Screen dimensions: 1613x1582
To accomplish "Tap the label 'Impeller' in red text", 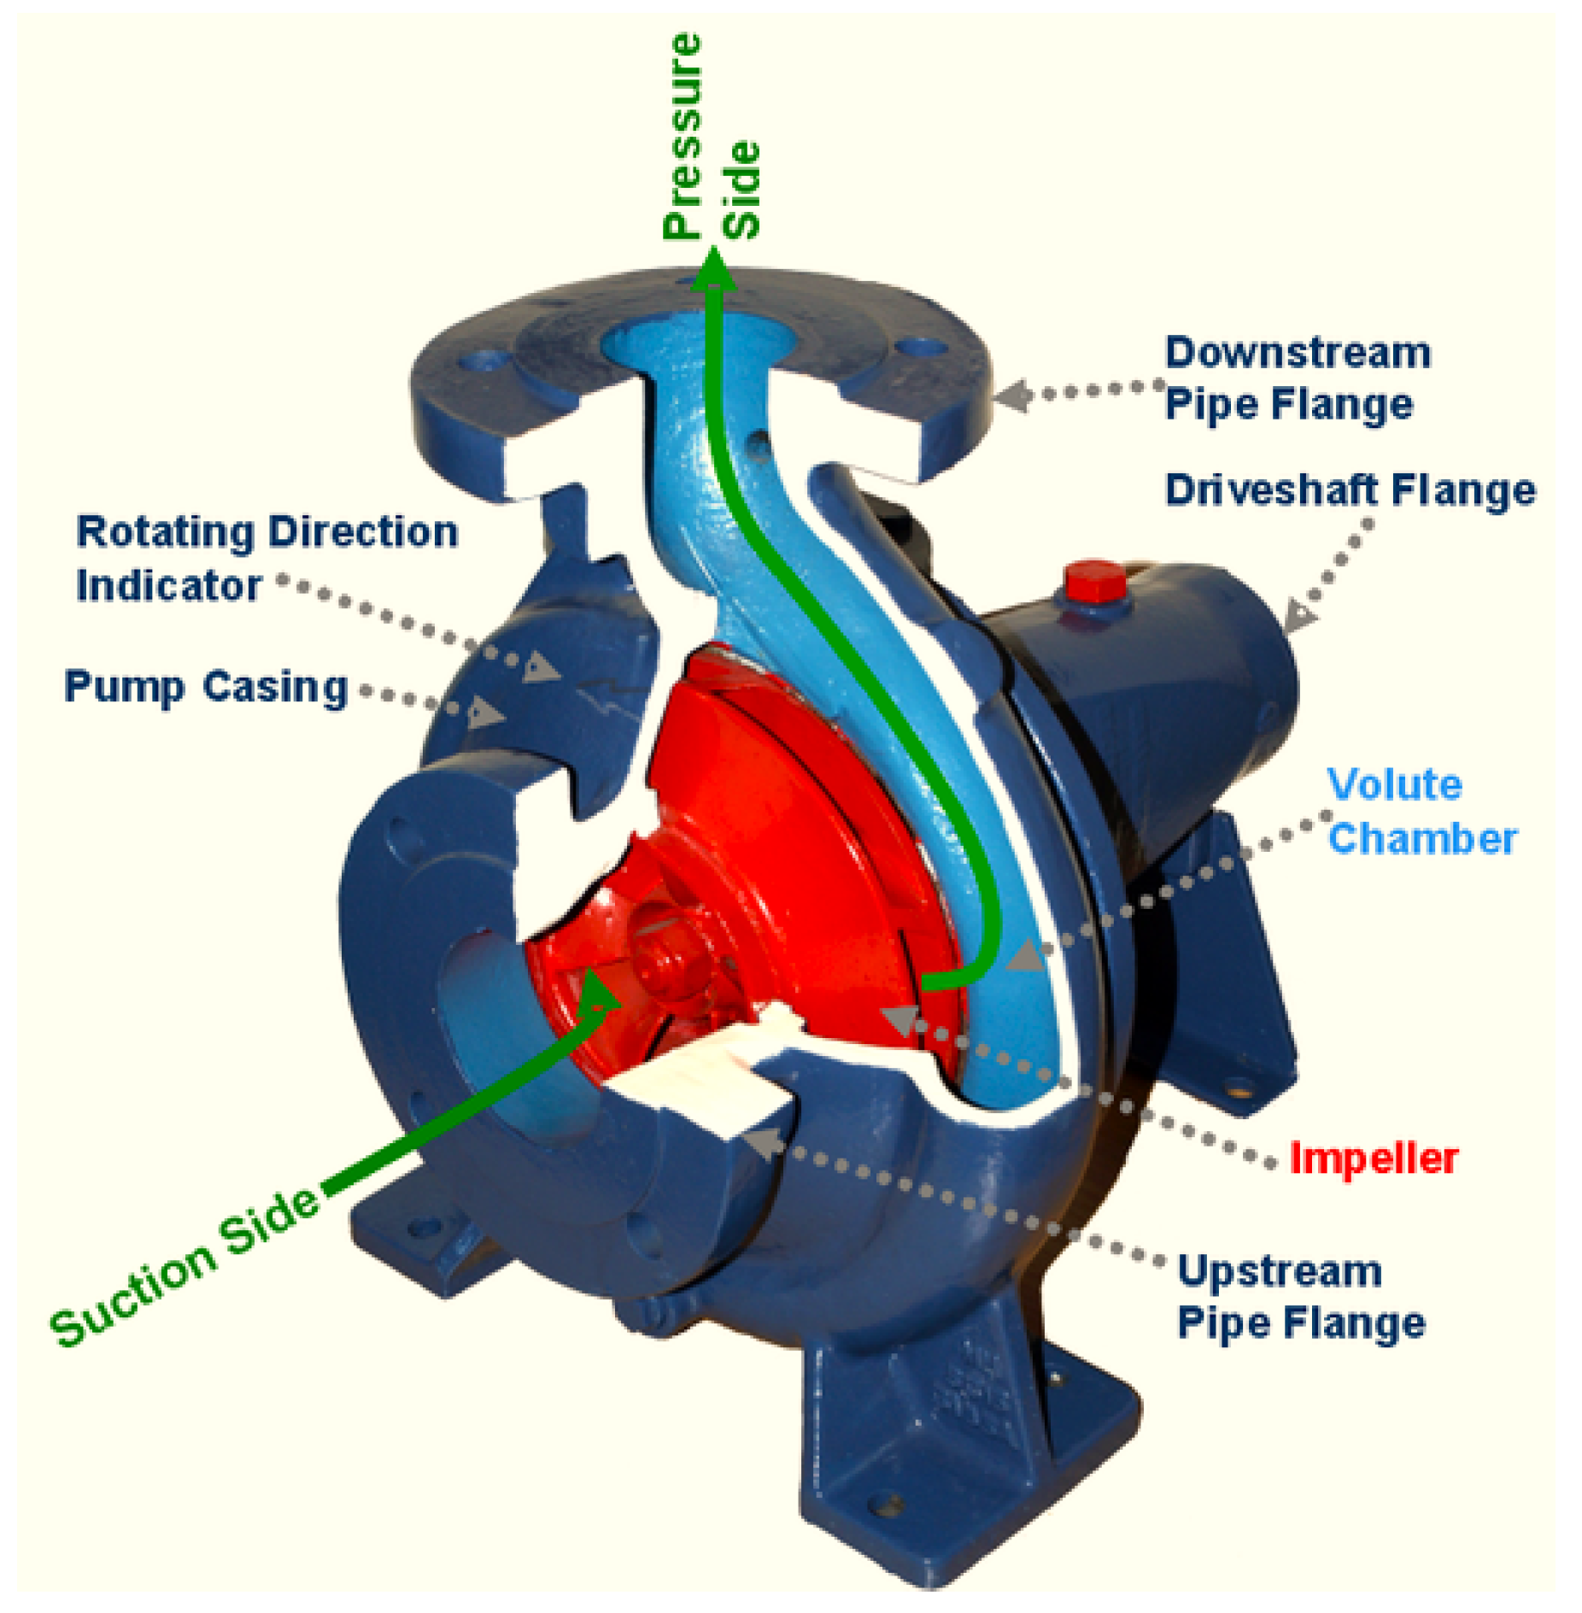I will click(1373, 1159).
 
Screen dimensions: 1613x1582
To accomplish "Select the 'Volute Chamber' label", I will click(1421, 811).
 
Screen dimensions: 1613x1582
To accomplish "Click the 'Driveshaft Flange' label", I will click(1350, 490).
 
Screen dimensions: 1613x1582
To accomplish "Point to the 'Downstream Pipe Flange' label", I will click(1297, 378).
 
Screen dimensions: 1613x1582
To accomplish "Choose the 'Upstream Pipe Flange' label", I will click(1300, 1297).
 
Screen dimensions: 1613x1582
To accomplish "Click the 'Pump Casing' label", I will click(206, 686).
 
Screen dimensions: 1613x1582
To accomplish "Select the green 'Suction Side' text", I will click(185, 1269).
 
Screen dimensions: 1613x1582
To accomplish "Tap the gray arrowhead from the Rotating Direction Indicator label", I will click(540, 666).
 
